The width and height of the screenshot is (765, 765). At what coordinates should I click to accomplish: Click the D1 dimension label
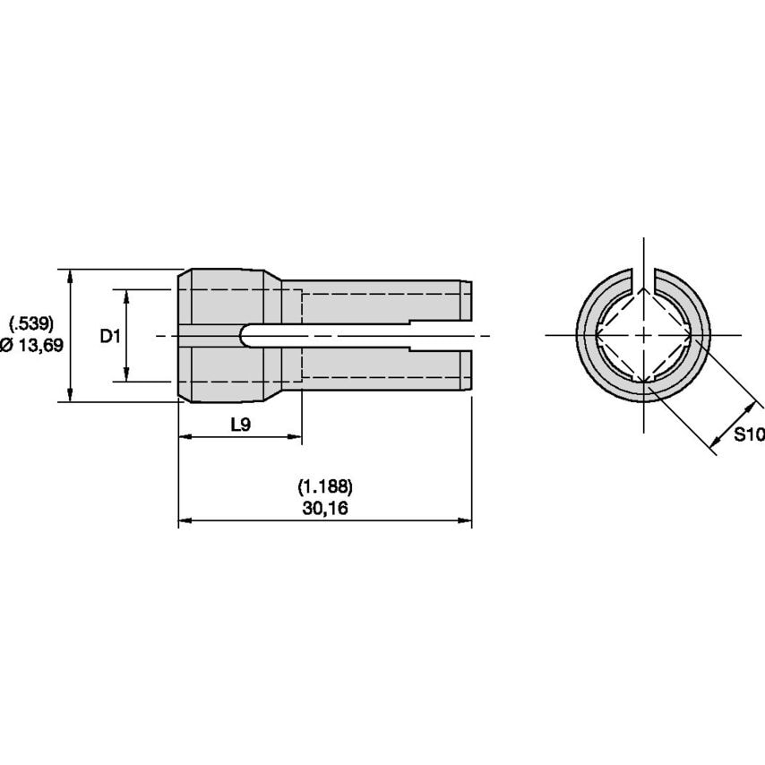[x=109, y=336]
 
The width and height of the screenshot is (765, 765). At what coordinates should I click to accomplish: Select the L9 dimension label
[x=240, y=425]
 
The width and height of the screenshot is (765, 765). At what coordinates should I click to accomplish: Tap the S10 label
[x=748, y=435]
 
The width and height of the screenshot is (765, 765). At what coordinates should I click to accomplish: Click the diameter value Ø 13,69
[x=32, y=346]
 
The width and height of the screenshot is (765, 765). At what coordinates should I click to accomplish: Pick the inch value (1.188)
[x=324, y=487]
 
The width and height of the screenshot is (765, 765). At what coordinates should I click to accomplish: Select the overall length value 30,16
[x=324, y=508]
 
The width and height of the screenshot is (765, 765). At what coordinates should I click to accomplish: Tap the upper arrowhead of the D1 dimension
[x=126, y=296]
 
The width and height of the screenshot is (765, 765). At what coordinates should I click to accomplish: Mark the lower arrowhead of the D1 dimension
[x=126, y=375]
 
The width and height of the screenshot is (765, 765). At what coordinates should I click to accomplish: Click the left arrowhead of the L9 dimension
[x=185, y=437]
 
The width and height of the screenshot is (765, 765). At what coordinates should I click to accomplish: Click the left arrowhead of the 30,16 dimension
[x=185, y=520]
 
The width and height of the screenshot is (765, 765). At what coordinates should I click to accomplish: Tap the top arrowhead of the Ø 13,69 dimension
[x=70, y=274]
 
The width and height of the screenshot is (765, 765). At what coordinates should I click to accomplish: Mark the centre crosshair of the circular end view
[x=643, y=335]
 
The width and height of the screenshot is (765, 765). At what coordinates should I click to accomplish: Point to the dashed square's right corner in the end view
[x=692, y=335]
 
